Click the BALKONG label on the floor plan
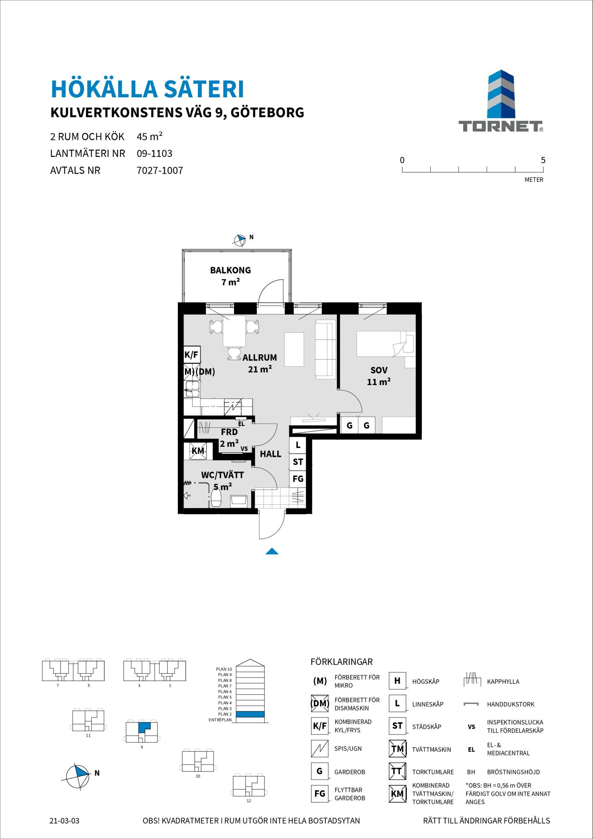point(230,270)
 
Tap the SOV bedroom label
point(379,370)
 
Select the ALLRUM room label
point(260,358)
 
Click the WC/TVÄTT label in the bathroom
point(222,475)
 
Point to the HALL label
point(270,454)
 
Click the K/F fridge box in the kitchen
point(192,355)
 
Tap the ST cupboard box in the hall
point(298,462)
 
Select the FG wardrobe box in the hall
point(298,479)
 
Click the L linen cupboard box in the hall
point(298,445)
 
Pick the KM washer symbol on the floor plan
point(198,451)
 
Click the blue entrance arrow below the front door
point(272,551)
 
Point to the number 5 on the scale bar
point(543,160)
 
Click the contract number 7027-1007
point(160,171)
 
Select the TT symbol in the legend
point(397,771)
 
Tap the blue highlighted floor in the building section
point(250,714)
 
